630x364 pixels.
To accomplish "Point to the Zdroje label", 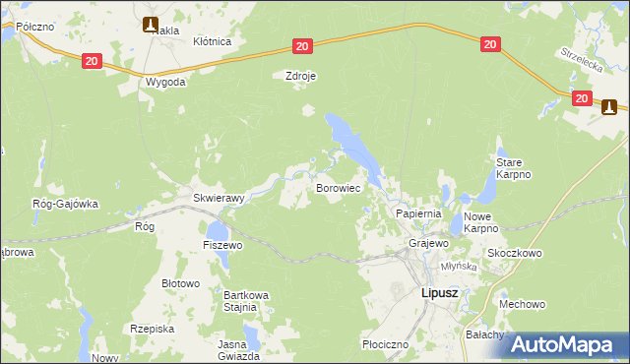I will tap(299, 75).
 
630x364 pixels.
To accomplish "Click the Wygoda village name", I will tap(165, 83).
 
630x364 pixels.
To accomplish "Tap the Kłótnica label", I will tap(212, 41).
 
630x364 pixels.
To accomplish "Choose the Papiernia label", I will tap(418, 212).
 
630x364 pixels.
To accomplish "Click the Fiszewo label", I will tap(222, 244).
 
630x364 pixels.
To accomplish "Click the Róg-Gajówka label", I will tap(65, 204).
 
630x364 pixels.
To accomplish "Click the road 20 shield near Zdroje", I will tap(302, 46).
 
